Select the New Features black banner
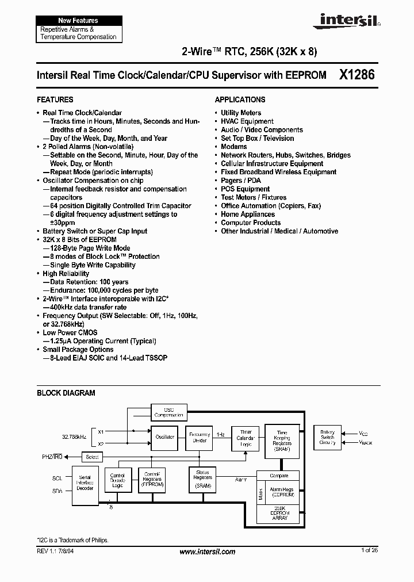tap(78, 20)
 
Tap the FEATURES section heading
tap(55, 99)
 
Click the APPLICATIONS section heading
tap(240, 99)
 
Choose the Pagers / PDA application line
tap(240, 181)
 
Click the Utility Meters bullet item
tap(240, 113)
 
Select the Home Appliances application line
tap(248, 214)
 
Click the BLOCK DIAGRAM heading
tap(66, 393)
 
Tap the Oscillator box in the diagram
tap(165, 437)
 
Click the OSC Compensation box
tap(168, 412)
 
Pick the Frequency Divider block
tap(199, 438)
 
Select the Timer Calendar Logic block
tap(245, 438)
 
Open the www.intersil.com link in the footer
tap(207, 552)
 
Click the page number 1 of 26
tap(370, 551)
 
